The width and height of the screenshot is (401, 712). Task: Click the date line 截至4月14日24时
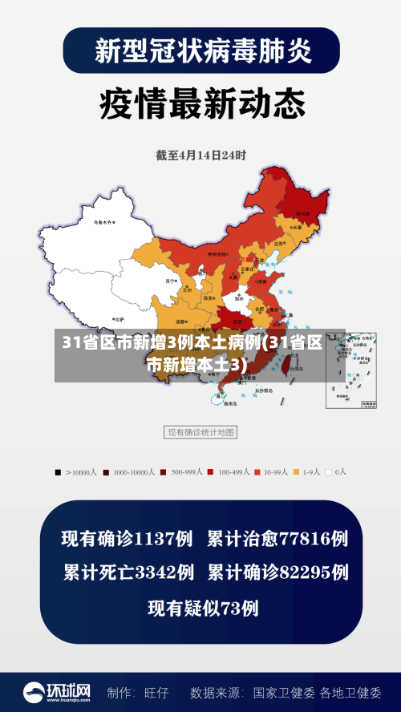click(200, 155)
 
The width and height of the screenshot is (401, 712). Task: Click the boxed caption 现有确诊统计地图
click(200, 432)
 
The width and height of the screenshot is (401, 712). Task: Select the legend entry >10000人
click(75, 472)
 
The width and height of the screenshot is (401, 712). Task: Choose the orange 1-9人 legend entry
click(306, 472)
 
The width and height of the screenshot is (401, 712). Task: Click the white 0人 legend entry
click(336, 472)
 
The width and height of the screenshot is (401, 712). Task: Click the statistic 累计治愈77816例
click(277, 539)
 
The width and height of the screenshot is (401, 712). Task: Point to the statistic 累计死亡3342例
click(128, 572)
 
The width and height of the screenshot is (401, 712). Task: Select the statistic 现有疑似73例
click(203, 608)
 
